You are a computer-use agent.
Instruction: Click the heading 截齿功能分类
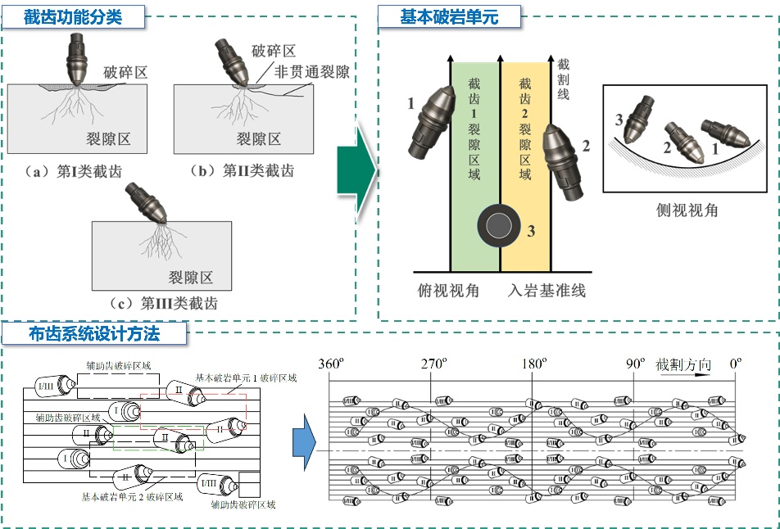(73, 16)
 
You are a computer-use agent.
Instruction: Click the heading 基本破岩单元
(449, 16)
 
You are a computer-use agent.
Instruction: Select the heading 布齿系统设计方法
(93, 333)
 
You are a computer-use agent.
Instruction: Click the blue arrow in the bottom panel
(304, 442)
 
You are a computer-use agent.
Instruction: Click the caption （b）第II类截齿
(243, 171)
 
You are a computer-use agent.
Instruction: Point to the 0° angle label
(736, 364)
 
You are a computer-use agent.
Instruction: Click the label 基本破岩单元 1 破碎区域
(246, 378)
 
